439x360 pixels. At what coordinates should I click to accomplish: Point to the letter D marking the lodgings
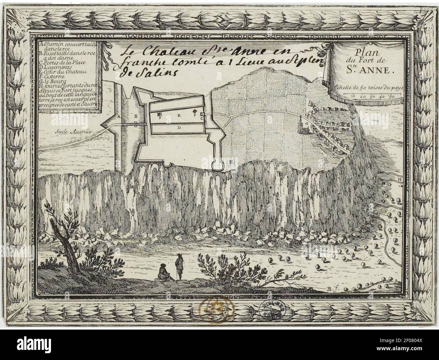(x=179, y=128)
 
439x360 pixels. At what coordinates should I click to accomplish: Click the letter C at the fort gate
(x=201, y=119)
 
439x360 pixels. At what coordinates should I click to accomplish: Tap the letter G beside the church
(x=306, y=124)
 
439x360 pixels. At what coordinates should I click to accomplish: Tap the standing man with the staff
(x=180, y=266)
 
